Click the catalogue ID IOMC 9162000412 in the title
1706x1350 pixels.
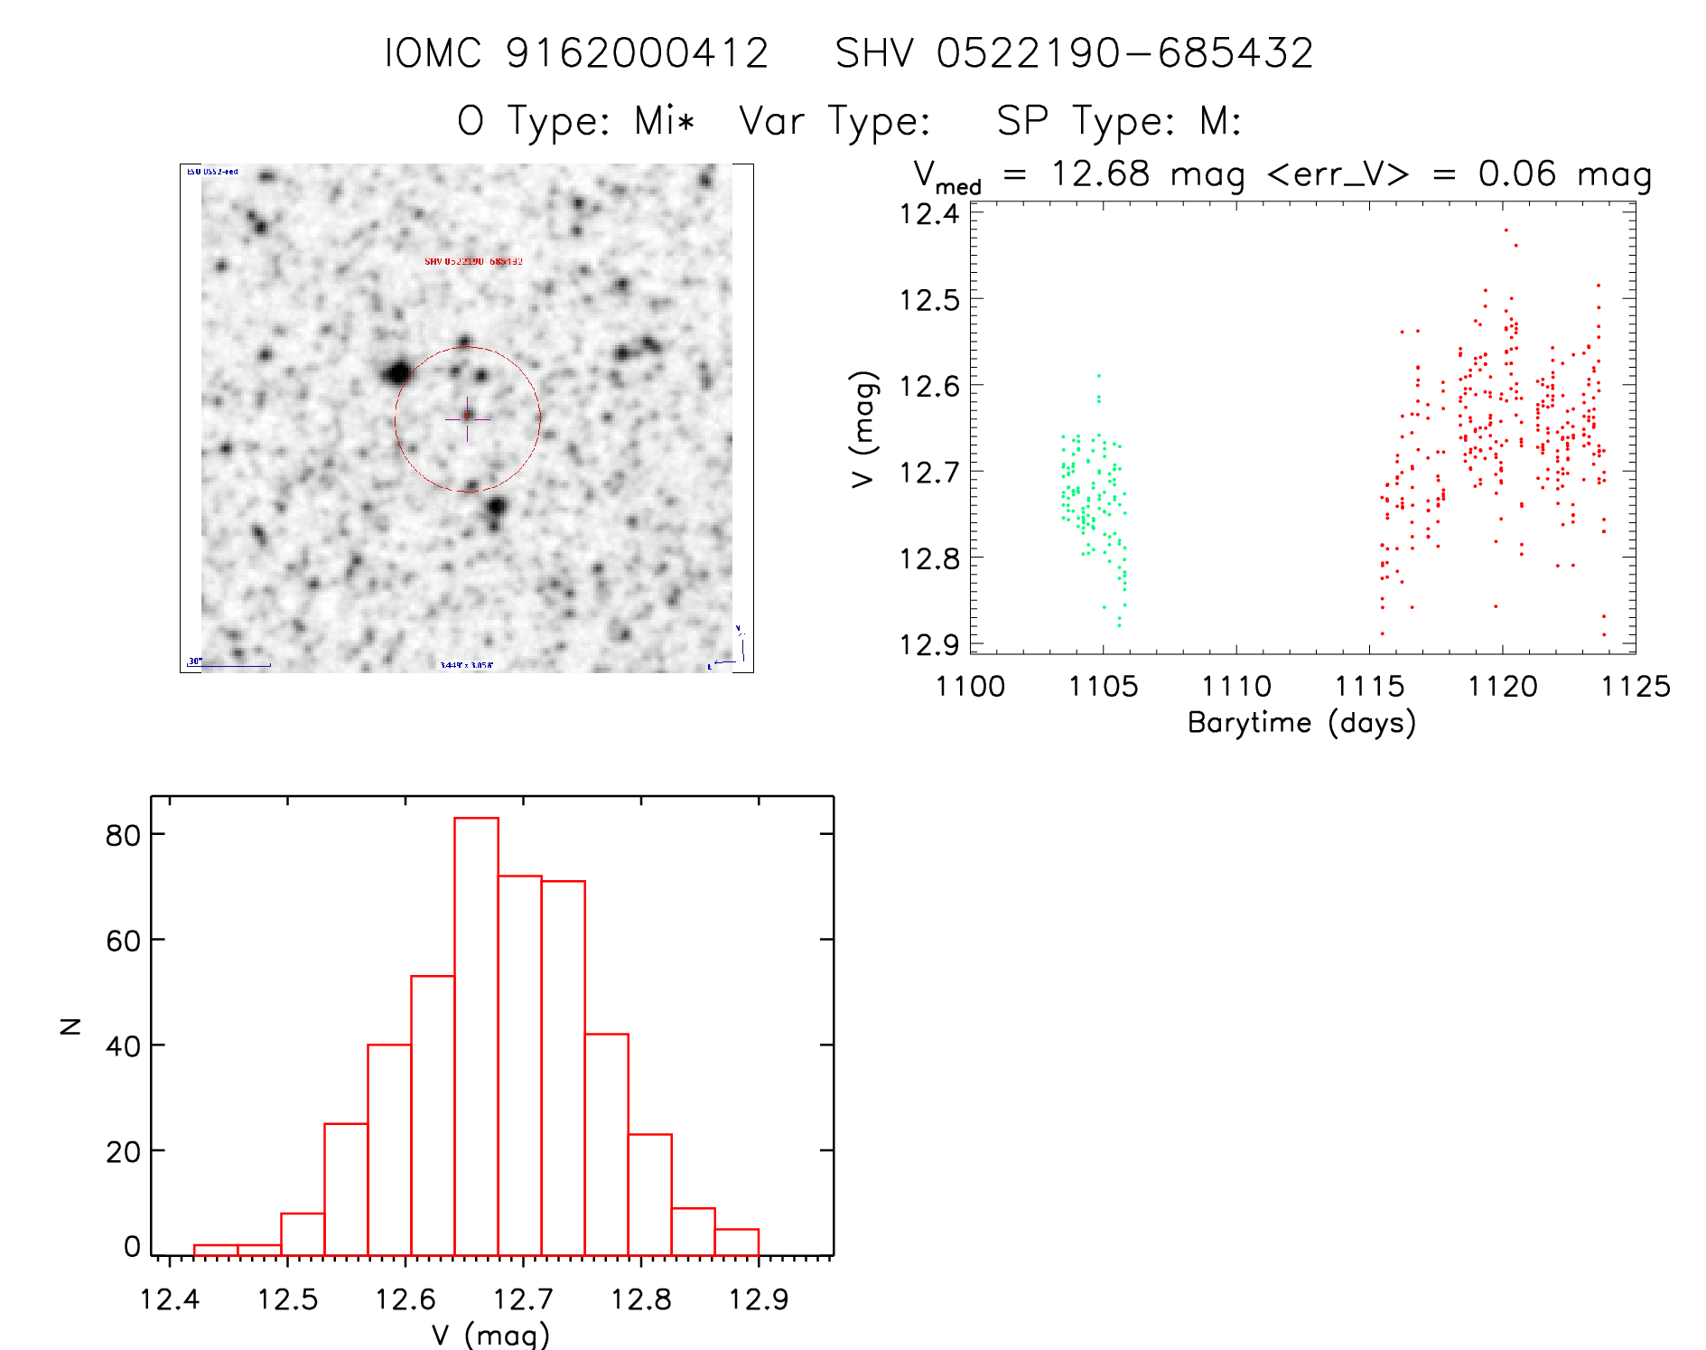click(x=576, y=53)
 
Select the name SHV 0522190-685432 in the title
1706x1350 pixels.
click(x=1074, y=53)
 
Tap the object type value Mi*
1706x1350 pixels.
click(x=664, y=121)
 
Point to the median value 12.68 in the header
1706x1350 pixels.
click(x=1100, y=173)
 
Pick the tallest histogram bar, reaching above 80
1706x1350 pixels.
click(x=476, y=1036)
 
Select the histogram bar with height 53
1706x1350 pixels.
click(x=433, y=1115)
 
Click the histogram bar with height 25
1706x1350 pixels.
click(x=346, y=1189)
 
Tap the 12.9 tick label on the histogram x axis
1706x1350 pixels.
click(x=758, y=1299)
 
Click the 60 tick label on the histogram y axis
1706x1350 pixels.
click(x=123, y=941)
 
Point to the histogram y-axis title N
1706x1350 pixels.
click(x=70, y=1026)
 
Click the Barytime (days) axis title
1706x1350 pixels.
click(x=1301, y=723)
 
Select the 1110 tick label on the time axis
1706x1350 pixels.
click(x=1235, y=687)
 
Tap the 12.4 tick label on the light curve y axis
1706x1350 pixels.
click(x=929, y=214)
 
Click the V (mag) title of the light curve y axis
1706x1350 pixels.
click(x=864, y=429)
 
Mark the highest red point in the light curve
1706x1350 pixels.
click(x=1506, y=230)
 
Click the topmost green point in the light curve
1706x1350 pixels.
click(x=1098, y=375)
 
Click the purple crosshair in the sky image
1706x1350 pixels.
click(x=467, y=418)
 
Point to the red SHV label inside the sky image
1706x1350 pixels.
click(x=473, y=261)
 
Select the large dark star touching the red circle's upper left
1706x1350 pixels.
click(x=397, y=371)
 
